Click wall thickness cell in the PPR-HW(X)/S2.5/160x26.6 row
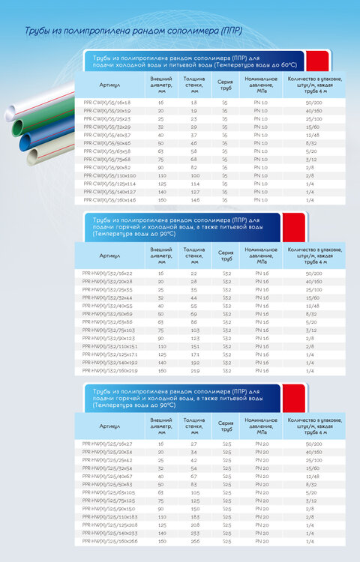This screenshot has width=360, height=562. [194, 540]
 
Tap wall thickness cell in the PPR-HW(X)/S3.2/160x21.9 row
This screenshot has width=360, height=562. [194, 371]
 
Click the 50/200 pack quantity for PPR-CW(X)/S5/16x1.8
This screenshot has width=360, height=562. [314, 101]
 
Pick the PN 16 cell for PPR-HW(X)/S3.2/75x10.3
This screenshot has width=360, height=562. [261, 330]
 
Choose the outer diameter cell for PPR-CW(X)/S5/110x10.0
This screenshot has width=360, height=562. [160, 175]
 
